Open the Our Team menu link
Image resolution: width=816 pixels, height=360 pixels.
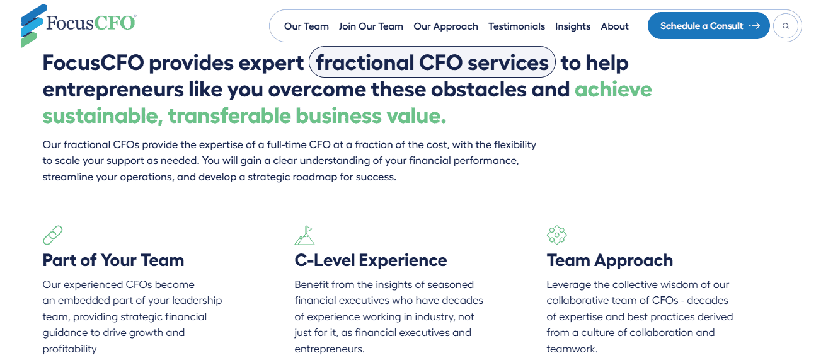click(306, 26)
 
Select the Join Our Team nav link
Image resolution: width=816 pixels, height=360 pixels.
click(371, 26)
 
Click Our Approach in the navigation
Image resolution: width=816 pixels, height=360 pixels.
click(445, 26)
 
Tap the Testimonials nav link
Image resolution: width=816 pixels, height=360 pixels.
click(516, 26)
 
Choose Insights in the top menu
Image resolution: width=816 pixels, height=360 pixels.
click(572, 26)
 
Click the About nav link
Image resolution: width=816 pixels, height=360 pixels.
click(614, 26)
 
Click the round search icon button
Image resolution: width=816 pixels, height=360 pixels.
click(785, 26)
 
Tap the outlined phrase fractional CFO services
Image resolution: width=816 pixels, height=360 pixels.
click(432, 62)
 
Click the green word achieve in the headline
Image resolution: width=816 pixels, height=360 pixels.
click(612, 90)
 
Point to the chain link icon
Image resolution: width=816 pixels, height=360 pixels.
click(52, 235)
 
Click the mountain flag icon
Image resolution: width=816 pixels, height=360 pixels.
click(304, 235)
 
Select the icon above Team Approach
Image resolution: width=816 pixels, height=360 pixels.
click(556, 235)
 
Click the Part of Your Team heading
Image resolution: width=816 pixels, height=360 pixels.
click(113, 260)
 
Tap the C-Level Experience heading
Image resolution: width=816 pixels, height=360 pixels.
click(371, 260)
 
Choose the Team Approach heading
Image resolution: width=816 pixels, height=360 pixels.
click(609, 260)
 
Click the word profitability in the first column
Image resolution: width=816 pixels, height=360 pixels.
click(70, 349)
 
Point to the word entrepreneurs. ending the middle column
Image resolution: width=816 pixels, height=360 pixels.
click(330, 349)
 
